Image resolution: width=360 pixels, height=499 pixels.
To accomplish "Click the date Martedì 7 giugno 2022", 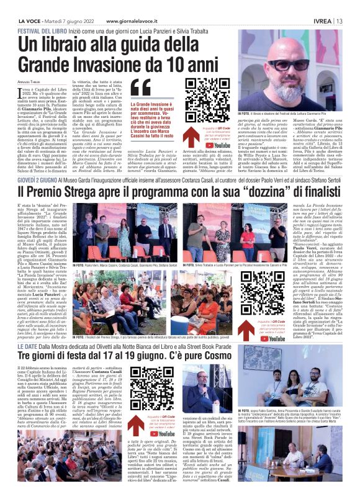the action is pyautogui.click(x=79, y=20).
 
